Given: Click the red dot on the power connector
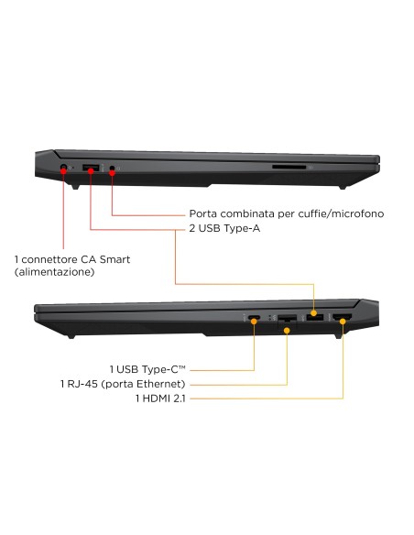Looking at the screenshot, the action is [x=63, y=171].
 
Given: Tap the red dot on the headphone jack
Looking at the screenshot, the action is [x=112, y=173].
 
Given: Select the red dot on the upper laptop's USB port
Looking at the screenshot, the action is [x=91, y=170].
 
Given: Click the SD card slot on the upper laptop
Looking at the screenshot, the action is [x=289, y=167].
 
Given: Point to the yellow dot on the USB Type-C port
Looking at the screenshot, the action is [x=254, y=321].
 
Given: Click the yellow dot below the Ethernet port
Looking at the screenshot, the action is [x=287, y=331].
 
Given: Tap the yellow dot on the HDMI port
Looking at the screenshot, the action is [x=343, y=321].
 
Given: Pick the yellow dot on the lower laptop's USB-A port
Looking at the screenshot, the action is [x=314, y=313].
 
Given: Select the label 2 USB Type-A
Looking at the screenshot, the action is [x=224, y=228].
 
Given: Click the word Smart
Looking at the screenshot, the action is [x=114, y=259].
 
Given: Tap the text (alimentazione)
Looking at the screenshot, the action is [x=55, y=272].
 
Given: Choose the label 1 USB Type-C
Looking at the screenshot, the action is [x=147, y=369].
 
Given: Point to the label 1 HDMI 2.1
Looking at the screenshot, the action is [x=160, y=399].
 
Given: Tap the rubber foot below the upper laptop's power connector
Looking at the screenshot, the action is [x=75, y=187].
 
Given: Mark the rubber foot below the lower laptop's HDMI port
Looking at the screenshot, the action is [x=338, y=336].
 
